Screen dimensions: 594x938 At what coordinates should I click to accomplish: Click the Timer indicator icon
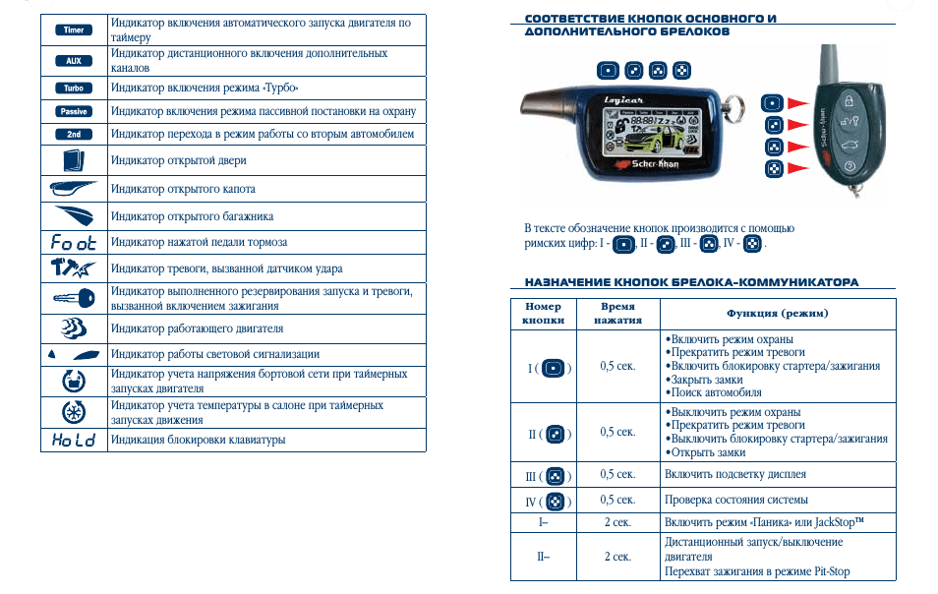(73, 30)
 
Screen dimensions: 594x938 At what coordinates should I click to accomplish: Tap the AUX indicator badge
(73, 61)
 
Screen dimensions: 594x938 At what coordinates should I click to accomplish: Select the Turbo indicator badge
(73, 88)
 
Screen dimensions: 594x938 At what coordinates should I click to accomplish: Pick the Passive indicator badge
(73, 111)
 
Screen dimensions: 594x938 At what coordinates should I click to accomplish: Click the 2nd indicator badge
(73, 134)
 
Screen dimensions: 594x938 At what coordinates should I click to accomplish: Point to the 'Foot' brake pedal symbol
(73, 242)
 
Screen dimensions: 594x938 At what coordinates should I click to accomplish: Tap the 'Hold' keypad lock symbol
(73, 440)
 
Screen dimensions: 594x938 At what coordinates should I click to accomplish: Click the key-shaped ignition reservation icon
(73, 298)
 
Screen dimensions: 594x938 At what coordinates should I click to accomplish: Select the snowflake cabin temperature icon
(73, 411)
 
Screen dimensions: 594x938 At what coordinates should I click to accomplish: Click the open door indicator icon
(73, 160)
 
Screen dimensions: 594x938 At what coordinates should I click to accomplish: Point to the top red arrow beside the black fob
(796, 103)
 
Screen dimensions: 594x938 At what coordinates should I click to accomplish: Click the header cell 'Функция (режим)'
(777, 313)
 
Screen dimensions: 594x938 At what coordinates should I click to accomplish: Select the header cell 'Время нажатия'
(617, 313)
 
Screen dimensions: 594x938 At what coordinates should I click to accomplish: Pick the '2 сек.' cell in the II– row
(617, 557)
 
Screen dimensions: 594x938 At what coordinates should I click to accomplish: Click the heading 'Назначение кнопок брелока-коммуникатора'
(691, 282)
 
